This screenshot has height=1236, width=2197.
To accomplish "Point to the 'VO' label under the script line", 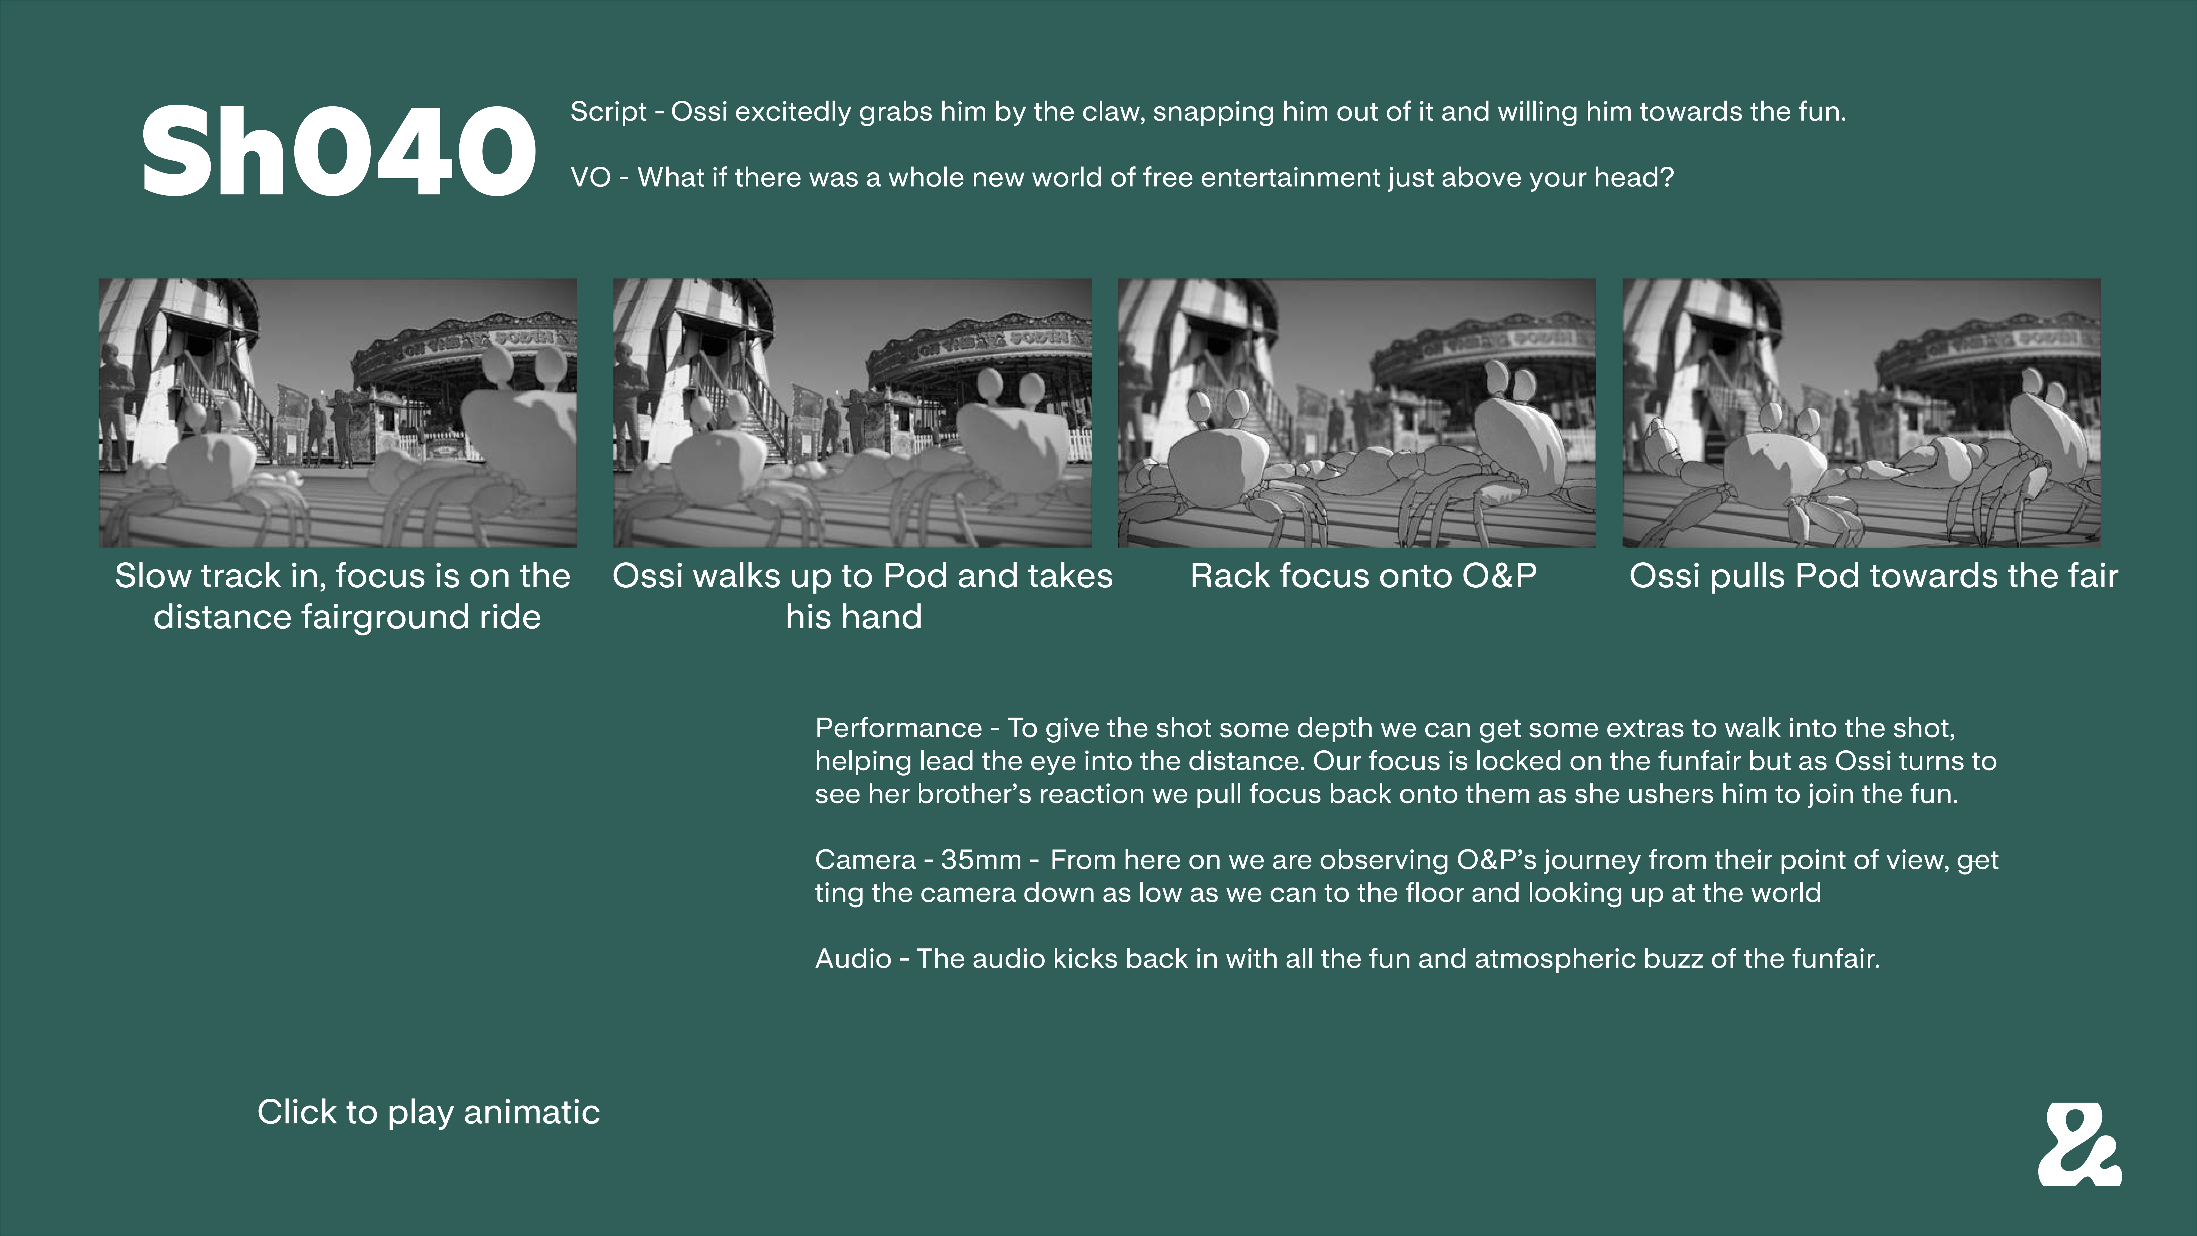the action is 590,177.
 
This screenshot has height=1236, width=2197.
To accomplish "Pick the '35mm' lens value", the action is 981,860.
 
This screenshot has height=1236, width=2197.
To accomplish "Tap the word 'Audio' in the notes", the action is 853,959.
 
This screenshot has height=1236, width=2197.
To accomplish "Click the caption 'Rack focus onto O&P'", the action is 1363,576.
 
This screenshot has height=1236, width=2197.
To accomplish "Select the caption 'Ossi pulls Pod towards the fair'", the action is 1874,576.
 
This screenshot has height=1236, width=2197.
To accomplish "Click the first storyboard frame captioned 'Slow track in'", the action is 338,413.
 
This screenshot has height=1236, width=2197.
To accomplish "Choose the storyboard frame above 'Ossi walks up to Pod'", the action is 852,413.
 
